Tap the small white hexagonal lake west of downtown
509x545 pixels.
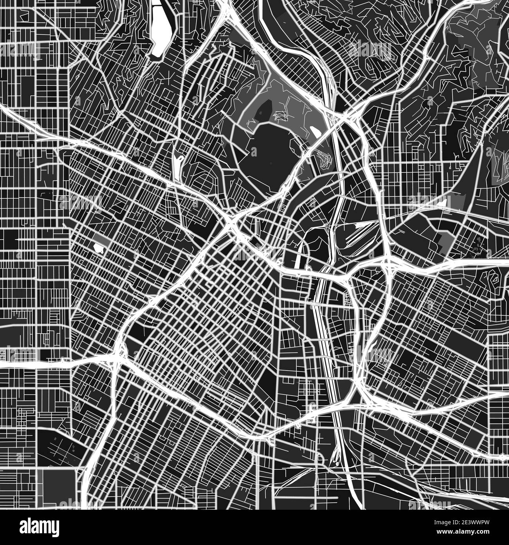pyautogui.click(x=97, y=248)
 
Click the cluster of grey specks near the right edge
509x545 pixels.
pyautogui.click(x=479, y=245)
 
